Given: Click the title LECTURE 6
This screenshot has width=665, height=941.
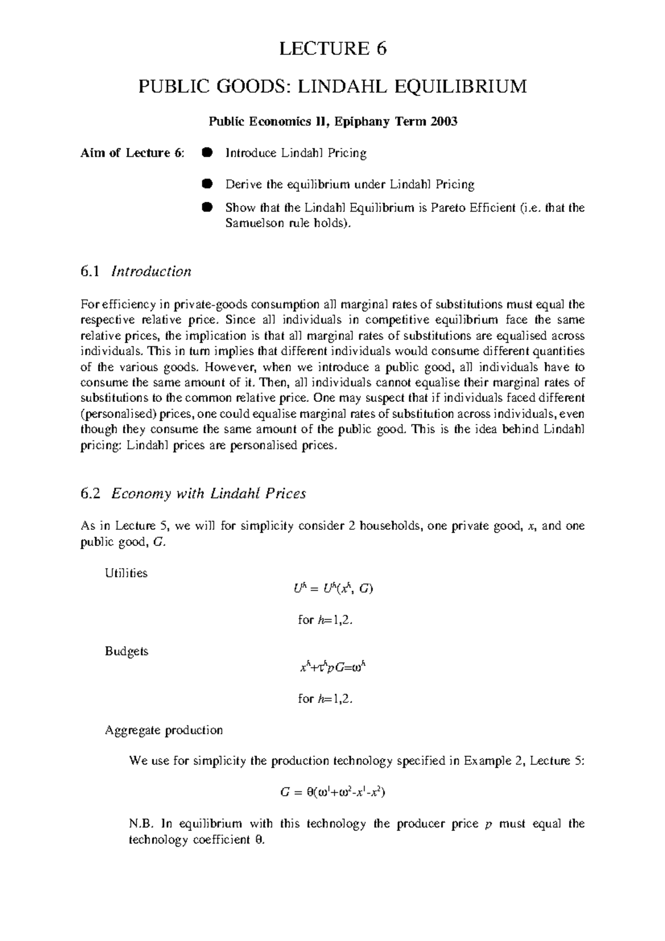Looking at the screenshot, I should tap(332, 49).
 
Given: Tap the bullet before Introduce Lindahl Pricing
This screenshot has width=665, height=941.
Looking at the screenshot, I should tap(207, 153).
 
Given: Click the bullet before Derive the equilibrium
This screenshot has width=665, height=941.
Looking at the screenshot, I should tap(207, 183).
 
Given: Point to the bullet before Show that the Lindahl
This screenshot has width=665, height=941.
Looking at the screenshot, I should tap(207, 208).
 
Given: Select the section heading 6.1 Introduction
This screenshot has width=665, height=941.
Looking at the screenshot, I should tap(136, 272).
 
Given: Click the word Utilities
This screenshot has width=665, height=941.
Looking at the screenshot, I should tap(126, 573).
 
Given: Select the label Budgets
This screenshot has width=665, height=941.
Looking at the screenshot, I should tap(126, 651).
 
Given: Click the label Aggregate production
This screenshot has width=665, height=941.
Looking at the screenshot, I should tap(163, 730).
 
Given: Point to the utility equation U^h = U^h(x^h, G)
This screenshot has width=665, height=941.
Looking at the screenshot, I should tap(332, 589).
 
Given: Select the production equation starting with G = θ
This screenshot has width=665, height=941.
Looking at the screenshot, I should tap(332, 792).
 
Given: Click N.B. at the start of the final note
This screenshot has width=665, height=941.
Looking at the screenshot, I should tap(140, 824).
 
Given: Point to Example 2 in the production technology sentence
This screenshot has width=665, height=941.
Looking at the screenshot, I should tap(492, 761).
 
